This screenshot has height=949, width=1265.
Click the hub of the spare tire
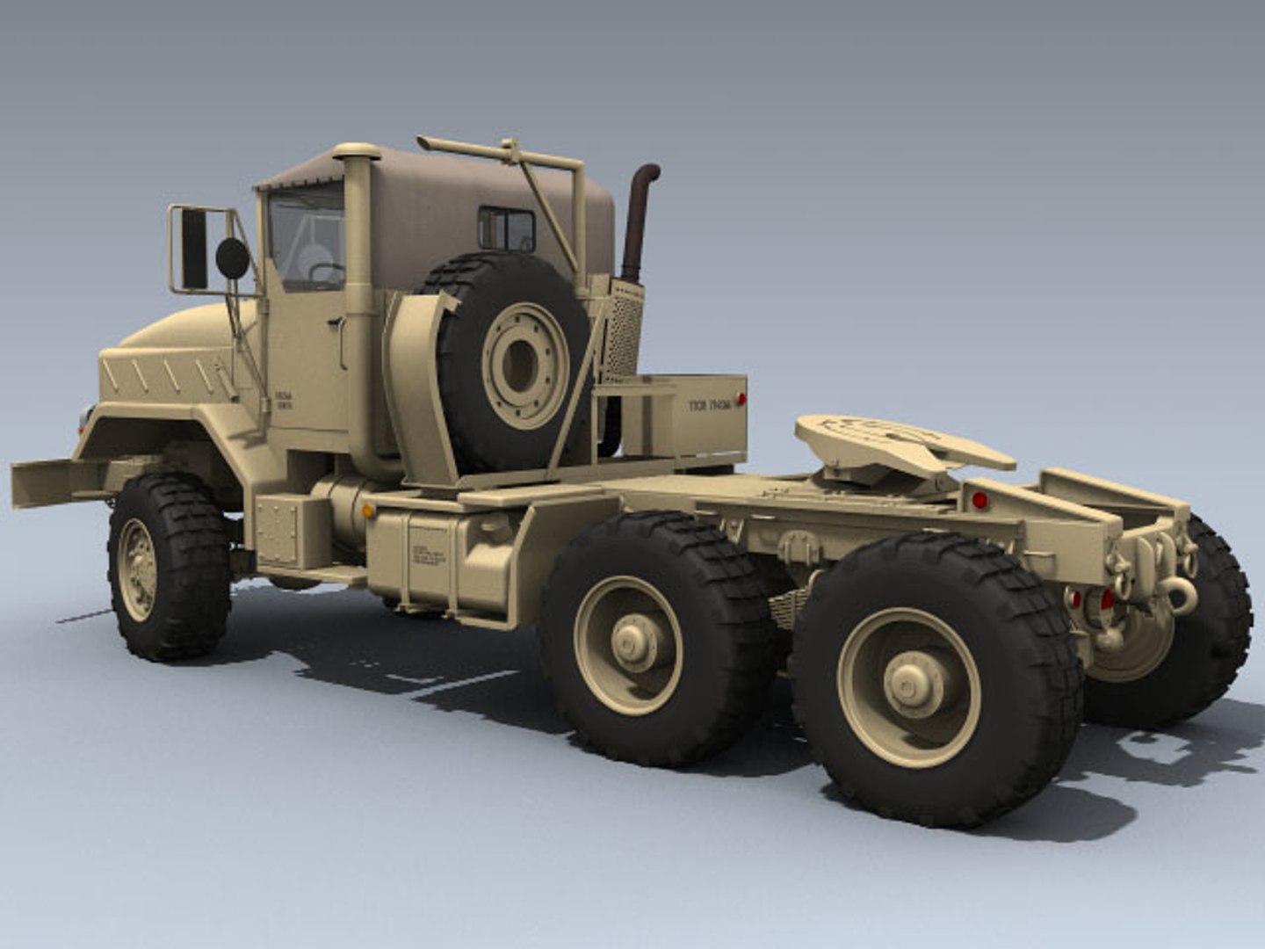(520, 362)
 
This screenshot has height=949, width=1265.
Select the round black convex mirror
(233, 257)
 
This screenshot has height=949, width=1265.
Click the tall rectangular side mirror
(193, 250)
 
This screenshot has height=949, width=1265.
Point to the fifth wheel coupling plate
(896, 439)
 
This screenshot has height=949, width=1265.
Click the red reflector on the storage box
(741, 400)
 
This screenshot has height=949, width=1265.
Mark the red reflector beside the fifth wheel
(979, 500)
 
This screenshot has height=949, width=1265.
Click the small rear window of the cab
(506, 229)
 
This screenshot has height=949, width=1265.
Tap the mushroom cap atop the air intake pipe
(356, 152)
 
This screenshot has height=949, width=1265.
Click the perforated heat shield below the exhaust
(623, 330)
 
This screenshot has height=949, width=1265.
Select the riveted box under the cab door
(279, 531)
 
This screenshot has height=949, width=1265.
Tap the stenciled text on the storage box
(709, 405)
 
